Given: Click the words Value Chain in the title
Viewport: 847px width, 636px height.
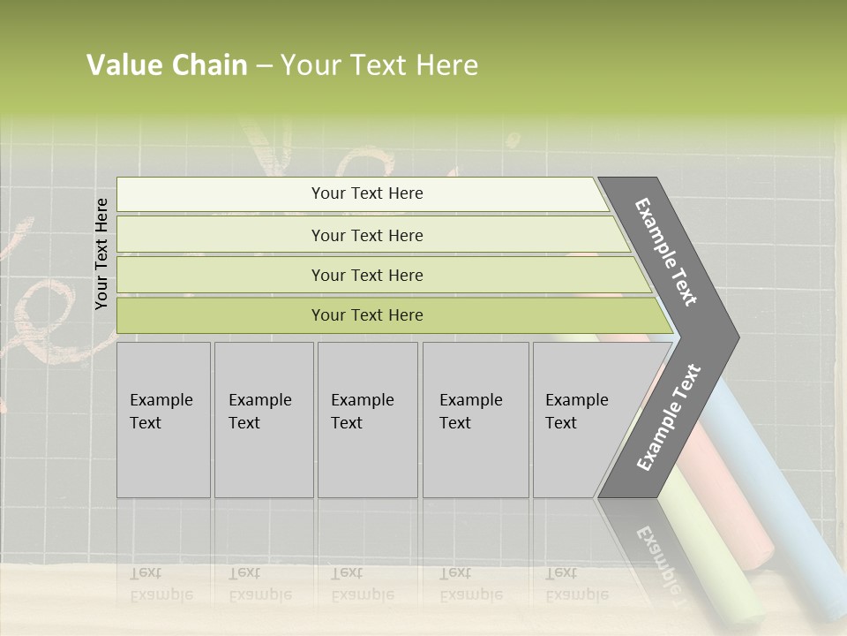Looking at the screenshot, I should tap(167, 65).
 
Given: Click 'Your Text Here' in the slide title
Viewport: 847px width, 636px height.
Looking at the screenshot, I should tap(379, 65).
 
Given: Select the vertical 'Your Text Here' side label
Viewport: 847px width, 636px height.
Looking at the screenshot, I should tap(101, 254).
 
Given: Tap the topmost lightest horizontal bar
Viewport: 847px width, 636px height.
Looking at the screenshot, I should tap(366, 193).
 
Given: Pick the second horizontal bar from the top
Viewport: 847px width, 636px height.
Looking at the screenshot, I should tap(366, 235).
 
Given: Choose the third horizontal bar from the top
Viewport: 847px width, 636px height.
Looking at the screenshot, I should tap(366, 275).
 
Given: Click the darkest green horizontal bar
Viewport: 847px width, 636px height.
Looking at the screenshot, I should tap(366, 315).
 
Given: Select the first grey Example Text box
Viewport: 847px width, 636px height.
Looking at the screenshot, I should tap(163, 420).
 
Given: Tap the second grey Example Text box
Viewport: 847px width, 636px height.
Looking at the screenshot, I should tap(264, 420).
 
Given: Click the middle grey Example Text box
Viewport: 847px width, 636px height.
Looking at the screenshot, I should tap(367, 420).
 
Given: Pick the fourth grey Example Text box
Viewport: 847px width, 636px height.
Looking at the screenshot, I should tap(476, 420).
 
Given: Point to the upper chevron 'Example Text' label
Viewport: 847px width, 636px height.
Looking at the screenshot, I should tap(666, 252).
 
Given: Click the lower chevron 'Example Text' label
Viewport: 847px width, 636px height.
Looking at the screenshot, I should tap(669, 417).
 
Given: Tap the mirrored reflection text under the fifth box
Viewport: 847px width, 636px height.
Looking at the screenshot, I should tap(577, 584).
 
